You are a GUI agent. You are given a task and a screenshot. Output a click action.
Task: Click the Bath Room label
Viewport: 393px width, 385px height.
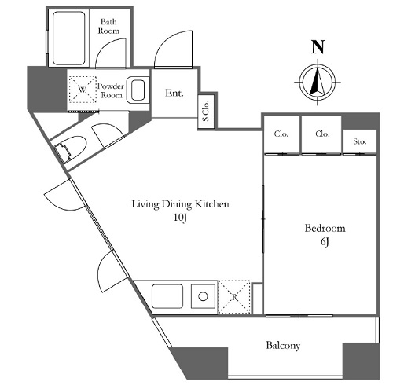108,26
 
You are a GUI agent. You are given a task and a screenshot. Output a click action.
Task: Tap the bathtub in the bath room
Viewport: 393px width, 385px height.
69,38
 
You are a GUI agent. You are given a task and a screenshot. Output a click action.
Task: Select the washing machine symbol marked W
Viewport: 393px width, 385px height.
83,90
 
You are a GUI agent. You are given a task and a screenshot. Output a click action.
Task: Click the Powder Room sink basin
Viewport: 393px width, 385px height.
138,90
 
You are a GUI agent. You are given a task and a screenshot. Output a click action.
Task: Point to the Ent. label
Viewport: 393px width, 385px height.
174,93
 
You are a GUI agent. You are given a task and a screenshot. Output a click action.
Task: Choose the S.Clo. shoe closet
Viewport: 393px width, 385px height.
206,112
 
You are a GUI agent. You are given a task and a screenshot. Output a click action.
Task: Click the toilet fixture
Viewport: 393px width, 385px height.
70,149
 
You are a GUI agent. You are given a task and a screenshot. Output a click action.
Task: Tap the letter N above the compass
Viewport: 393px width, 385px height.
318,47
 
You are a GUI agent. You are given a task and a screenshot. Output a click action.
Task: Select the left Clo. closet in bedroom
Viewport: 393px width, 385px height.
281,134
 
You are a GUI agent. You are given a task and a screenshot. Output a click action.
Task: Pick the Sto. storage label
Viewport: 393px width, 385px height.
359,141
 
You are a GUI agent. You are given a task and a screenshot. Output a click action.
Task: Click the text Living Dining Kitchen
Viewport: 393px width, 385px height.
180,204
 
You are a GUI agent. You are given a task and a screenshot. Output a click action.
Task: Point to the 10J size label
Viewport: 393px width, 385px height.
180,218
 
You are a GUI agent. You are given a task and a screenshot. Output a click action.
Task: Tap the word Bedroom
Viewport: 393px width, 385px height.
325,228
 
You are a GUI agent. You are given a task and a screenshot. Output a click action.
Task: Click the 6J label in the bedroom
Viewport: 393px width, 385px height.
325,241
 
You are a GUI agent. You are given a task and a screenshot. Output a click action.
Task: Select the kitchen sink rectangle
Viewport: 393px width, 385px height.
167,296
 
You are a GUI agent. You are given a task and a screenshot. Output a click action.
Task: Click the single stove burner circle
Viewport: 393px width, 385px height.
203,296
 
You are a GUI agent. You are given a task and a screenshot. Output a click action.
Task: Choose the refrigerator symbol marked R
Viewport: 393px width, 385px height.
234,297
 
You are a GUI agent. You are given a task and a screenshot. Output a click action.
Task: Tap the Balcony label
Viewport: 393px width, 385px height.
283,346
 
